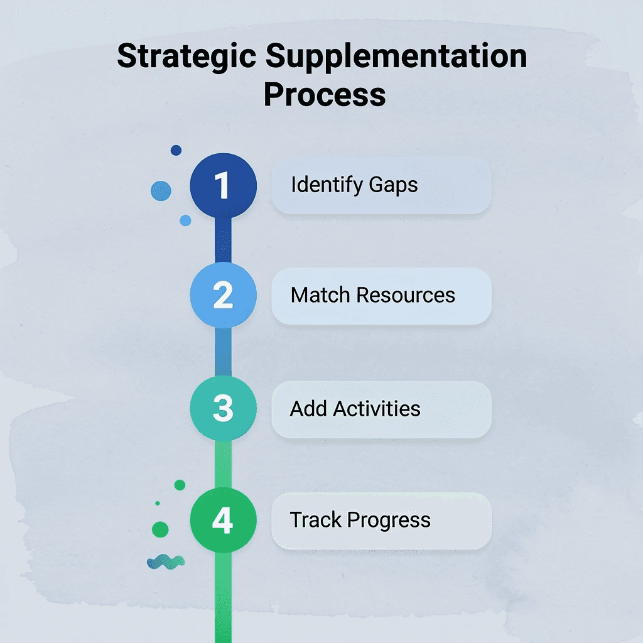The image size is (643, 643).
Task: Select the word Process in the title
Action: coord(324,94)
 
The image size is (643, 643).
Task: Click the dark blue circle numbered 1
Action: coord(223,186)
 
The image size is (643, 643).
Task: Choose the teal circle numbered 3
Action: coord(223,408)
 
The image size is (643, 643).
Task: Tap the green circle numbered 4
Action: coord(223,520)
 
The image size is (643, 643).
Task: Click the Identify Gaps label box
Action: coord(381,186)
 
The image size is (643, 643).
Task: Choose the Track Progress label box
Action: coord(381,521)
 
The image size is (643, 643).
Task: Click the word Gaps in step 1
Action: coord(393,186)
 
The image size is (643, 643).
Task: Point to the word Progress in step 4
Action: coord(389,521)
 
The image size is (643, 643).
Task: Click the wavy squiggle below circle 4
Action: coord(165,561)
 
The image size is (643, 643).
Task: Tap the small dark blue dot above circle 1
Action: coord(176,150)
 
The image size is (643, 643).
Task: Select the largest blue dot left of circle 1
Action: coord(161,191)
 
